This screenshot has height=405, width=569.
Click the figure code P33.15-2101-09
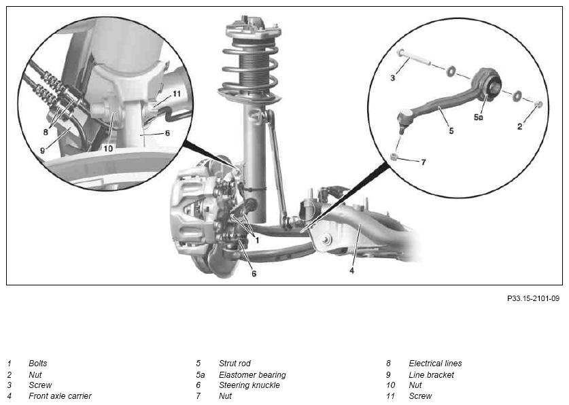pyautogui.click(x=533, y=298)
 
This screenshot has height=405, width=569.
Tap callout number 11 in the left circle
pyautogui.click(x=177, y=94)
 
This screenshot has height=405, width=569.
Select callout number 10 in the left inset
pyautogui.click(x=108, y=148)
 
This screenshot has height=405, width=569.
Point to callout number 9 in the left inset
pyautogui.click(x=42, y=150)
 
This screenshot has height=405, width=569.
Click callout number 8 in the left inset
pyautogui.click(x=46, y=133)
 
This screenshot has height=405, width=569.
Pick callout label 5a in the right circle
pyautogui.click(x=479, y=117)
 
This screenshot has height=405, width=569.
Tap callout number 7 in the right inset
pyautogui.click(x=424, y=162)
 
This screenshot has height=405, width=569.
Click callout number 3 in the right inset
pyautogui.click(x=393, y=78)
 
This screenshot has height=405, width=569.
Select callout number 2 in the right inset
pyautogui.click(x=520, y=126)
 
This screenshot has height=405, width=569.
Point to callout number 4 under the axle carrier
pyautogui.click(x=351, y=270)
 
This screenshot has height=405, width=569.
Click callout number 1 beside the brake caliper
pyautogui.click(x=257, y=240)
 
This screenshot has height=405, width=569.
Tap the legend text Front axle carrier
pyautogui.click(x=60, y=396)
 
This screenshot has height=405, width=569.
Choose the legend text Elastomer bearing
pyautogui.click(x=252, y=375)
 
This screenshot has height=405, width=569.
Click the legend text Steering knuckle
pyautogui.click(x=249, y=385)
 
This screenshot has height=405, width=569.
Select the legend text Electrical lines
pyautogui.click(x=435, y=364)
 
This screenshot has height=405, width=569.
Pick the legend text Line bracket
pyautogui.click(x=431, y=375)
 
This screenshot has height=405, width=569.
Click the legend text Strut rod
pyautogui.click(x=235, y=364)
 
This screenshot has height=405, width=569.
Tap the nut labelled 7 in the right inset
pyautogui.click(x=394, y=157)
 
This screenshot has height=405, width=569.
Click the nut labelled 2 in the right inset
pyautogui.click(x=539, y=105)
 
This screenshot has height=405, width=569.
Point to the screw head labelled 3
pyautogui.click(x=401, y=53)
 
